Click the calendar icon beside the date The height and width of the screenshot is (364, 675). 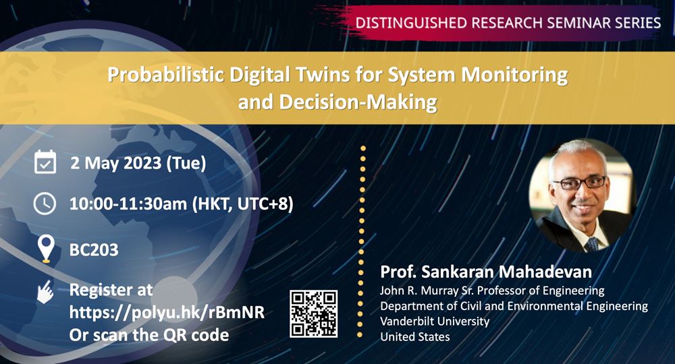(x=45, y=162)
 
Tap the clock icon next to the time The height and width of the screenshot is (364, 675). (x=45, y=204)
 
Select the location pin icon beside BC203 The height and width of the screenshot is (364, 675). (x=46, y=249)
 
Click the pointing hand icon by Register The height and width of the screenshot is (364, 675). (x=45, y=292)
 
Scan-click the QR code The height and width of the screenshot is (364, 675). (x=313, y=313)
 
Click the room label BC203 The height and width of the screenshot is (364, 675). (x=94, y=249)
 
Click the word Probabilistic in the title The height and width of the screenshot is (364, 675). (x=166, y=75)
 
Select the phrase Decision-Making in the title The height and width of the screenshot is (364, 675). (x=358, y=102)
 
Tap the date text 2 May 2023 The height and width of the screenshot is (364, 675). (x=116, y=163)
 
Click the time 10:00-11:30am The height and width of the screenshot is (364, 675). (x=128, y=204)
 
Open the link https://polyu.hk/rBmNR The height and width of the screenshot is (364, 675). (x=167, y=312)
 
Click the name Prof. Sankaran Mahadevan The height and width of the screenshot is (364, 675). (x=486, y=272)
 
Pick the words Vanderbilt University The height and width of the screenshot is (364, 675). (x=435, y=322)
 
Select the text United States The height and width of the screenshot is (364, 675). (x=415, y=336)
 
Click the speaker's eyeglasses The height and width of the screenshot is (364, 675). (x=579, y=183)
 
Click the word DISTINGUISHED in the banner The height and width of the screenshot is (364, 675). (x=412, y=22)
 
